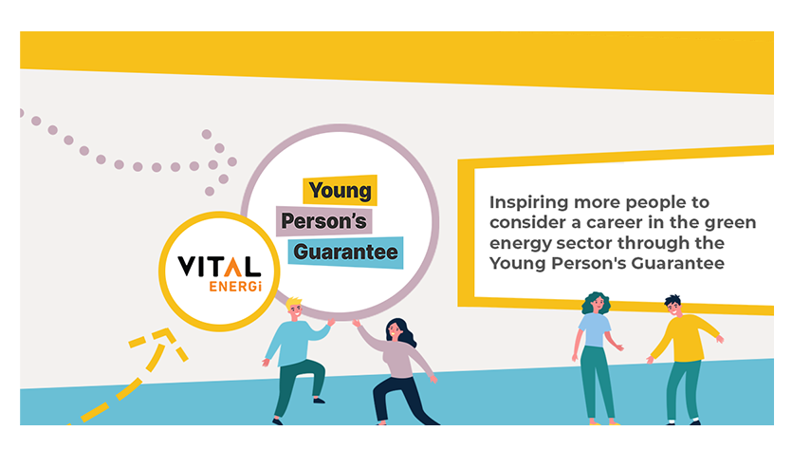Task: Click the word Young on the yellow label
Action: [x=340, y=191]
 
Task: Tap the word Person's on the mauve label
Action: [x=323, y=221]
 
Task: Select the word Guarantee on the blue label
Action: [x=345, y=252]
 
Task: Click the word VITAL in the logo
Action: [x=219, y=267]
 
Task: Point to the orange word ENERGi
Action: [x=235, y=286]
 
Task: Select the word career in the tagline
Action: [x=625, y=222]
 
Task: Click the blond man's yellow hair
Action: [x=293, y=304]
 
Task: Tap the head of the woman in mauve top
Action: [x=396, y=330]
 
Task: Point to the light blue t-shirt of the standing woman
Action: [x=595, y=329]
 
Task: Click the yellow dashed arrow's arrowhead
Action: [x=162, y=341]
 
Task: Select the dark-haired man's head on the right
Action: [x=673, y=307]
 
